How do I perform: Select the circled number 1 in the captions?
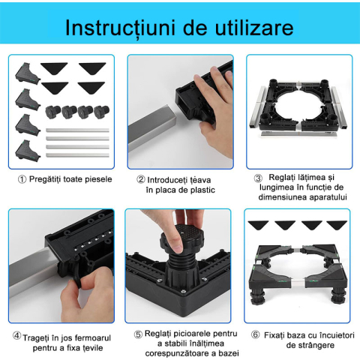(22, 179)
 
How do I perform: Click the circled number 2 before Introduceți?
(141, 179)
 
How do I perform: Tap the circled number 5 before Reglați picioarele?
(138, 334)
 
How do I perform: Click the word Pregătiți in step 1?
(47, 179)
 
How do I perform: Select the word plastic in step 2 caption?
(199, 190)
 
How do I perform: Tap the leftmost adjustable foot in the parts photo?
(53, 112)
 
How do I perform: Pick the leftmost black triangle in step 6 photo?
(259, 224)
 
